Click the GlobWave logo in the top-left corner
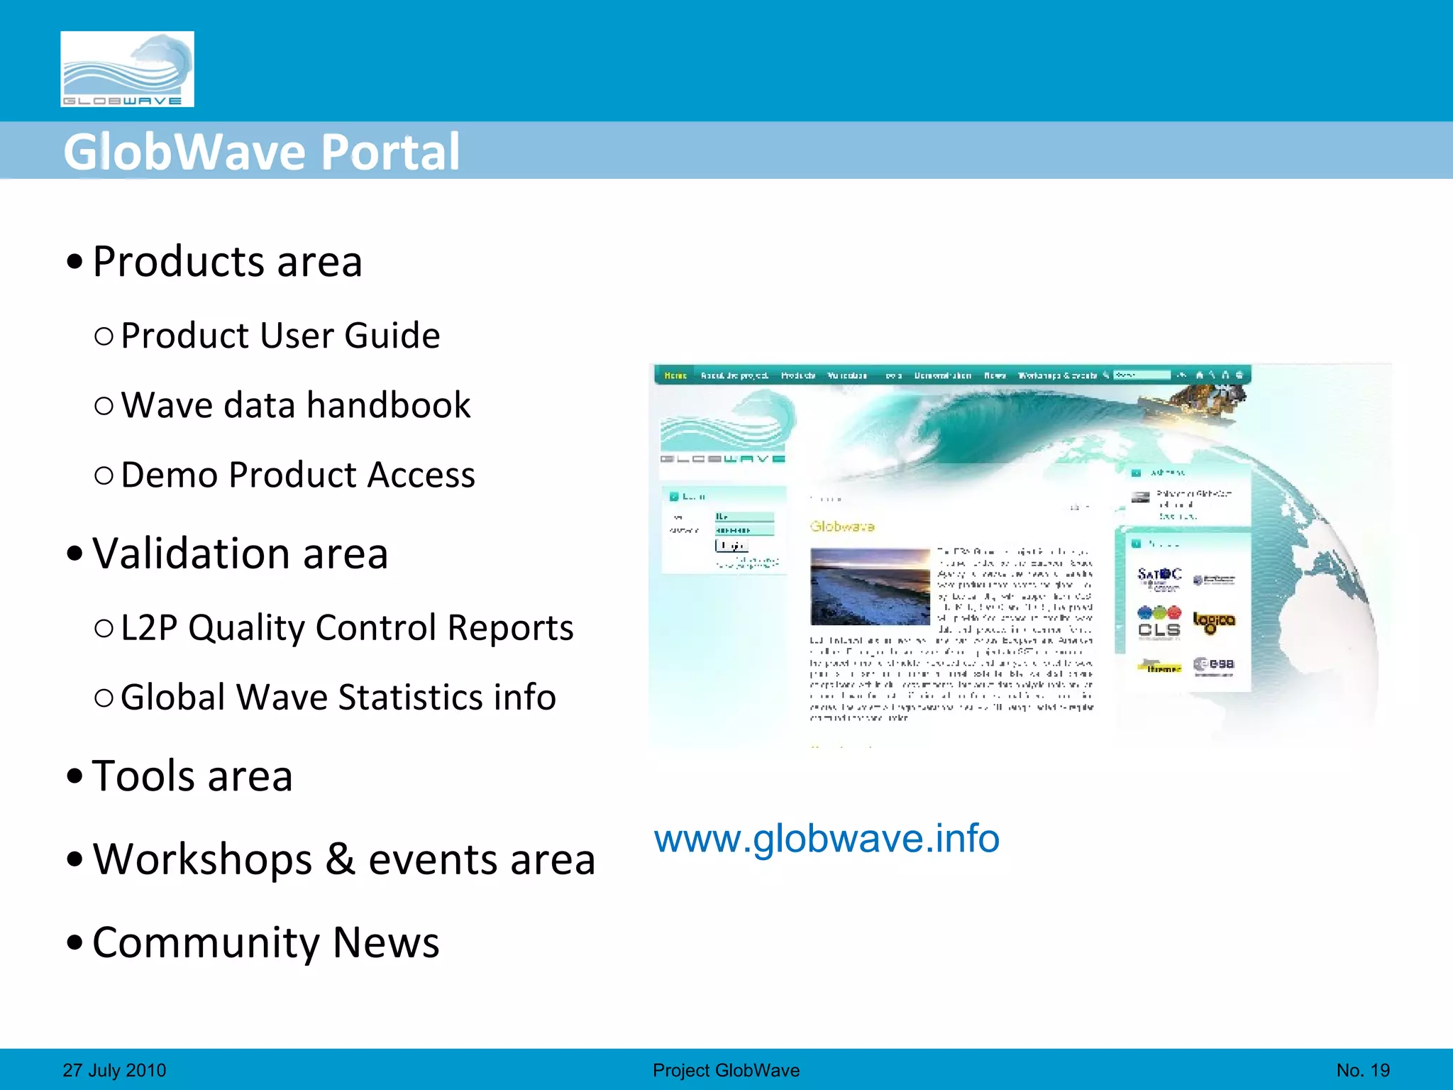127,69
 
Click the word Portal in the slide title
390,152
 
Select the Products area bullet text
227,261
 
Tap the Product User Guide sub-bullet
280,335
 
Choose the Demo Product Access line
297,475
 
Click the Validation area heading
240,554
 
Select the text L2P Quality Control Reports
346,627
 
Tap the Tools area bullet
192,776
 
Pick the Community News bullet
265,942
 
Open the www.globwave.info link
827,839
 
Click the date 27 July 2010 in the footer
114,1070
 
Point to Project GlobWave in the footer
726,1070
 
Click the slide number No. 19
1363,1070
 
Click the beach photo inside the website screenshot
870,586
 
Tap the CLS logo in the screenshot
1159,622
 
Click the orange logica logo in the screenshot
1214,622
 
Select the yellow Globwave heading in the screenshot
842,527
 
